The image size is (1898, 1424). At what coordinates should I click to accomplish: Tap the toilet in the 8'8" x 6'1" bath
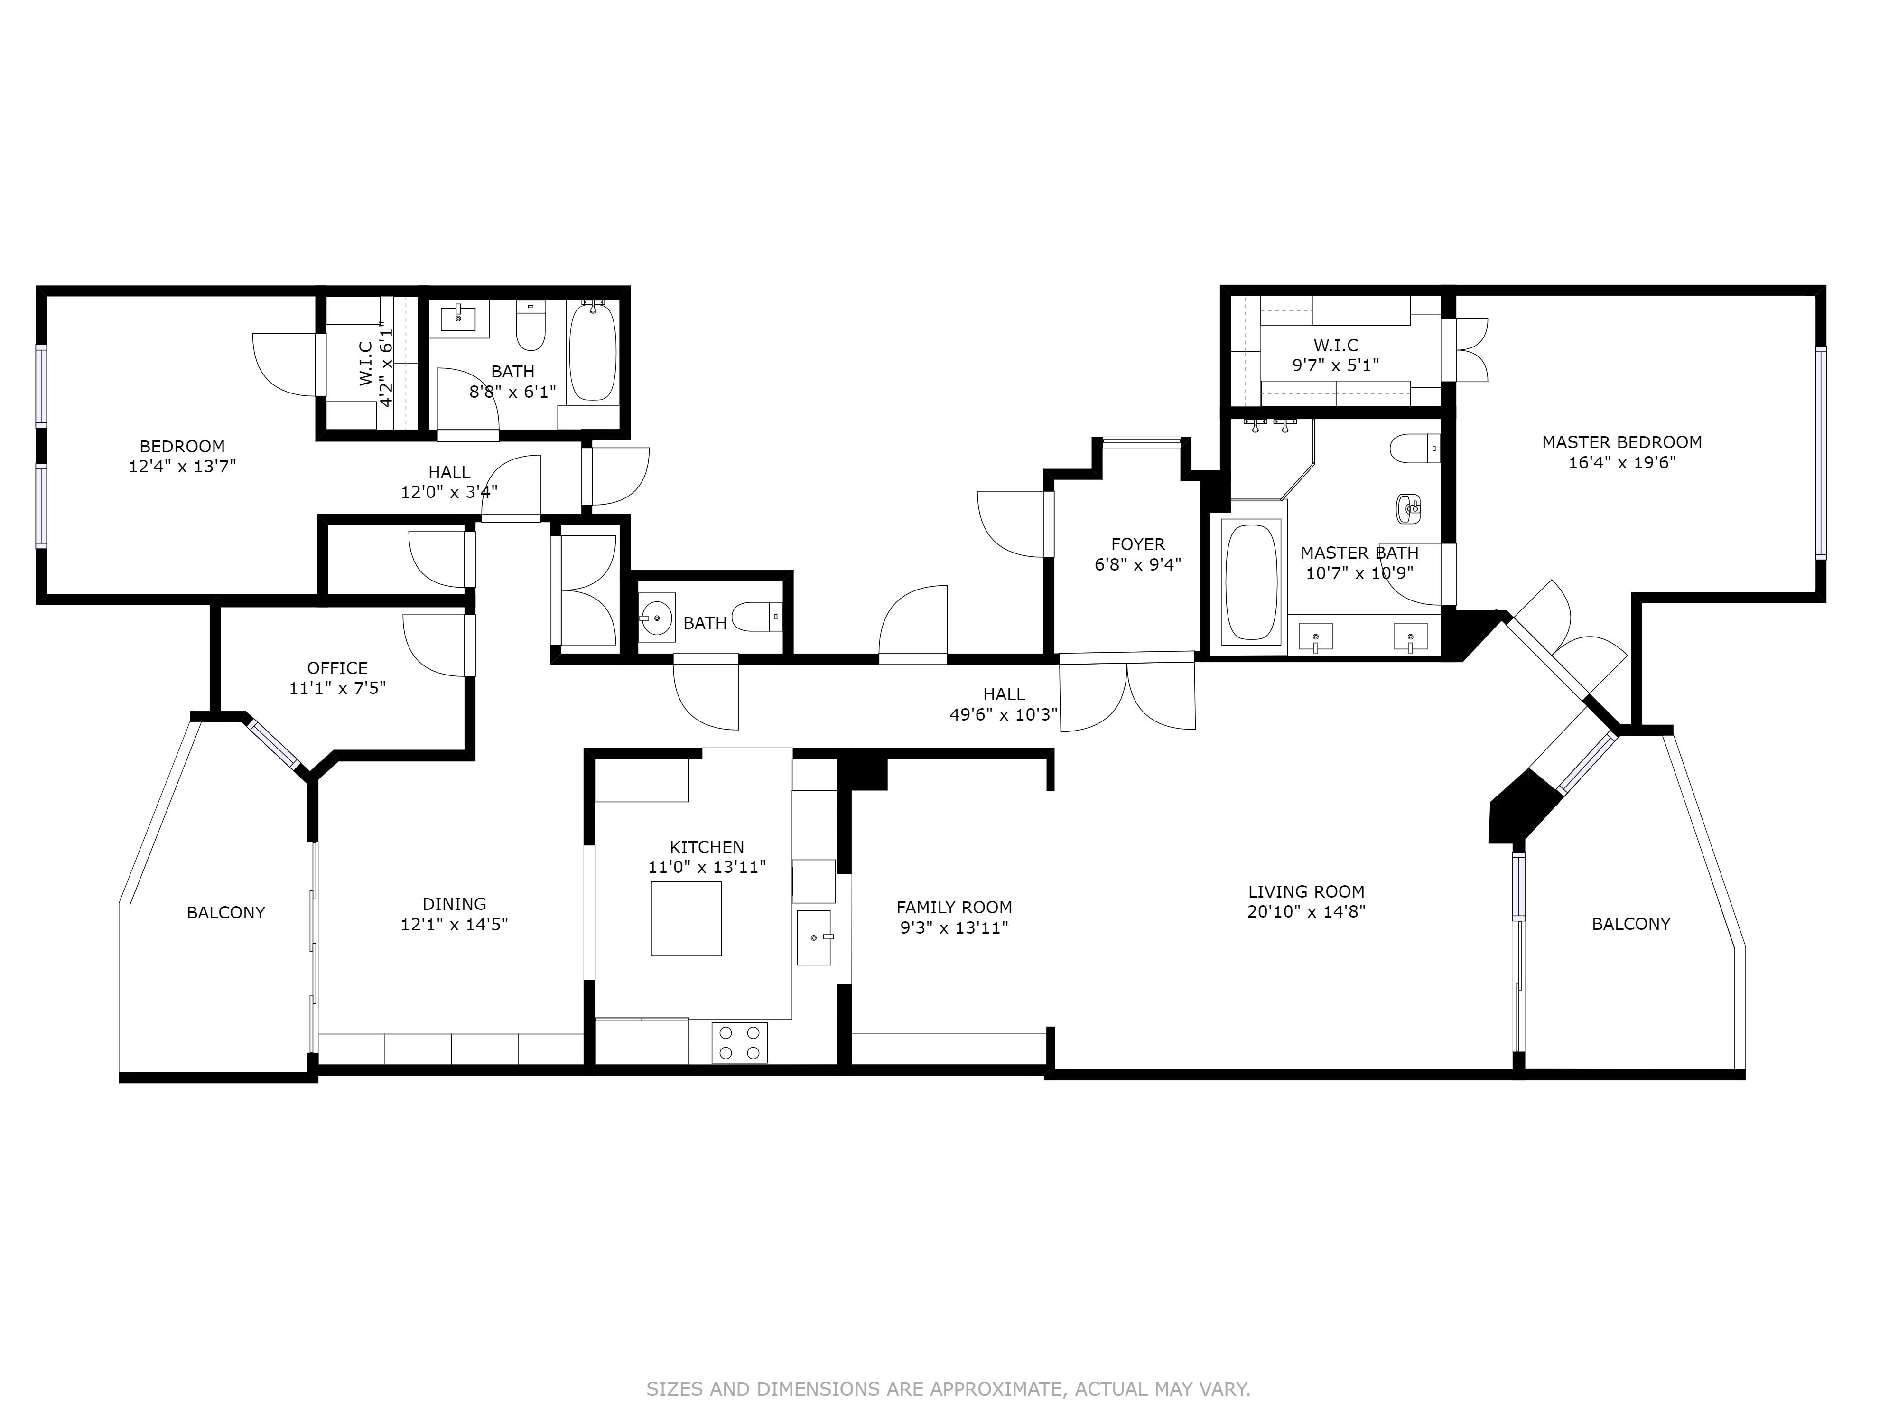pos(531,325)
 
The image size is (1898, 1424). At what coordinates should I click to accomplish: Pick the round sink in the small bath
pos(657,616)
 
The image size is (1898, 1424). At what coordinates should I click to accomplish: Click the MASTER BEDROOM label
pos(1622,442)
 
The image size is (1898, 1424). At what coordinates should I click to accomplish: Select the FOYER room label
pos(1138,544)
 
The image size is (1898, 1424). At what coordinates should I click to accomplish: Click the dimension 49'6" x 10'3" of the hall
pos(1004,714)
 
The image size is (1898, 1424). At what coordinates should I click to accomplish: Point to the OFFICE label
pos(337,668)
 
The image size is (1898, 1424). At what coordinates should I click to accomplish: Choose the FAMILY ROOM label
pos(954,907)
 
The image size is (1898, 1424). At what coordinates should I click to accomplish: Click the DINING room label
pos(454,904)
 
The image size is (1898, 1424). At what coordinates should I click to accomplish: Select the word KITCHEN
pos(707,847)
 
